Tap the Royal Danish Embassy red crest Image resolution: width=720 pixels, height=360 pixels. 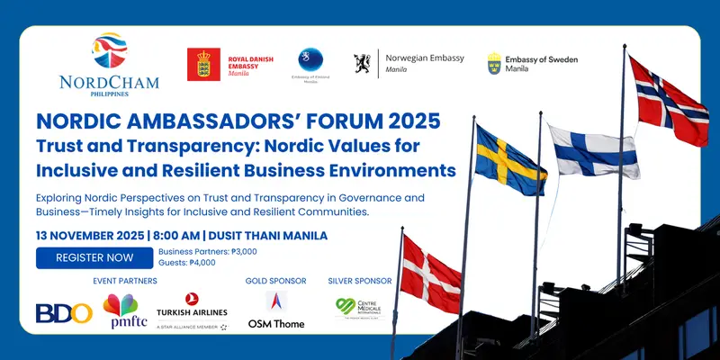pyautogui.click(x=203, y=65)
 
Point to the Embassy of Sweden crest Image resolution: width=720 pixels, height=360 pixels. pyautogui.click(x=494, y=63)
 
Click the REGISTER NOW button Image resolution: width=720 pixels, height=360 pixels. pyautogui.click(x=94, y=257)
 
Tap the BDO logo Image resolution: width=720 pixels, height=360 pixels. pyautogui.click(x=64, y=312)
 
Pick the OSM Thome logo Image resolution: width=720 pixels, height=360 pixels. pyautogui.click(x=276, y=310)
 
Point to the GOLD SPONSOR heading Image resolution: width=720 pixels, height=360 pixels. pyautogui.click(x=276, y=281)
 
